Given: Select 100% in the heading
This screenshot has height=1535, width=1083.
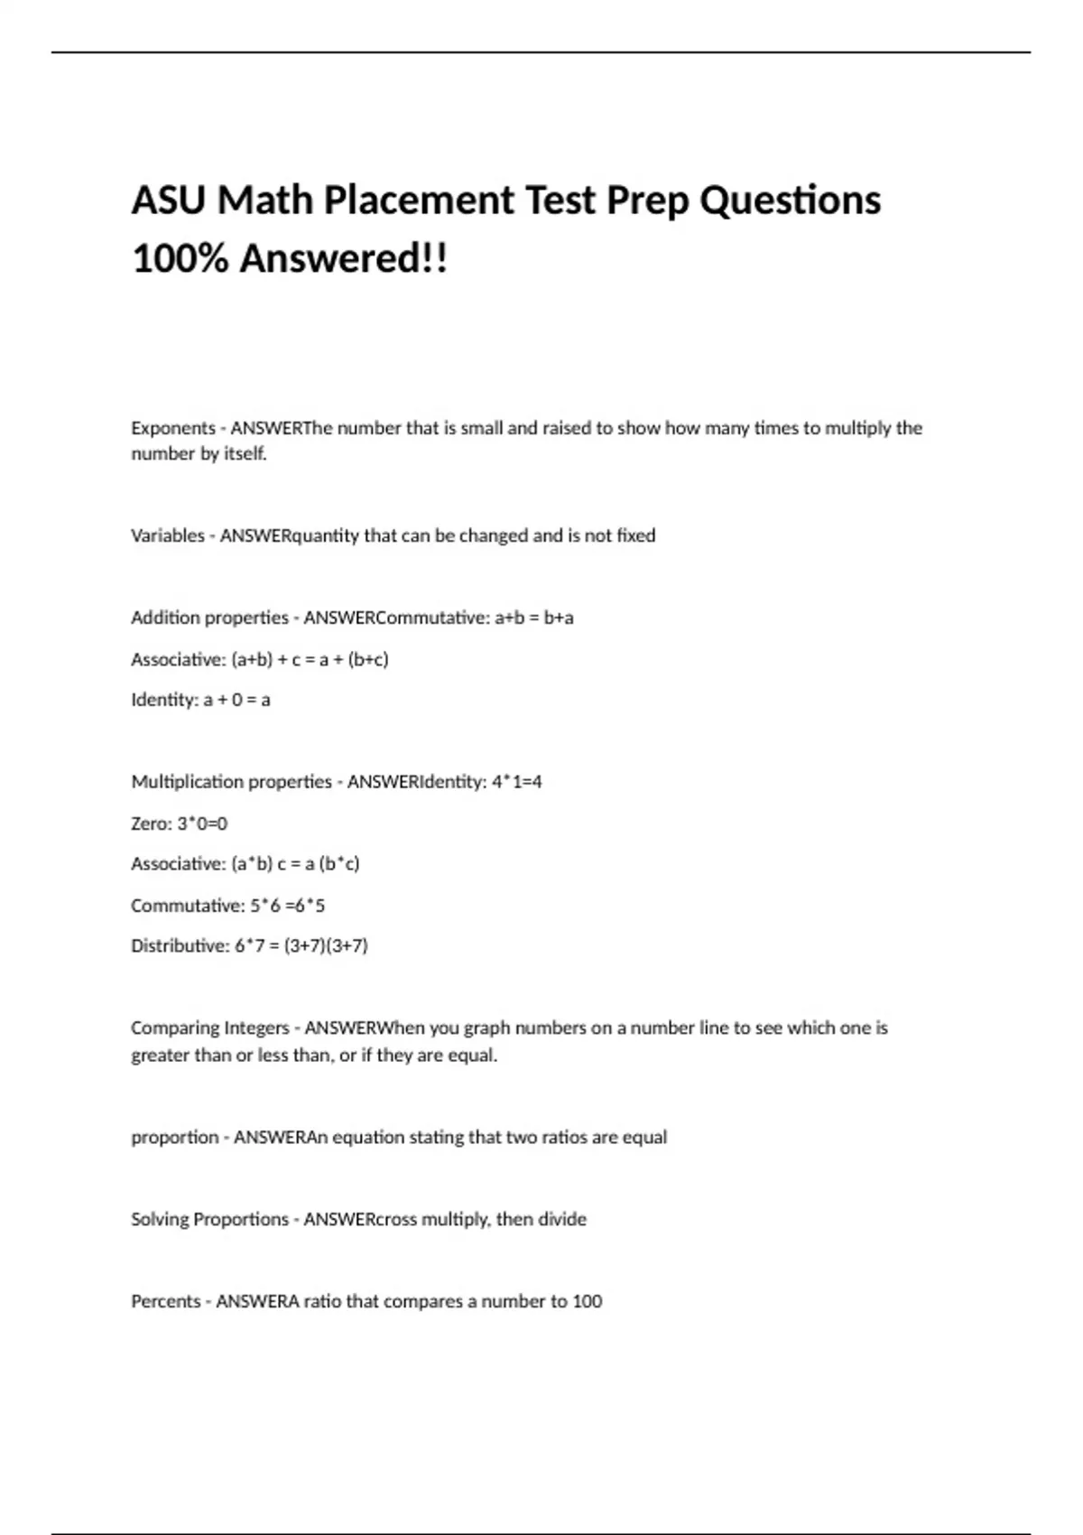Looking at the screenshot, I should point(179,259).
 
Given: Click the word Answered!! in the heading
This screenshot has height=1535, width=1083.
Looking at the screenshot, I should point(343,259).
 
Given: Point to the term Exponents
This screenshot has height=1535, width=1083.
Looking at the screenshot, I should point(173,428).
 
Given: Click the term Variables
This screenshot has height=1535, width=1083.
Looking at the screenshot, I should point(168,535).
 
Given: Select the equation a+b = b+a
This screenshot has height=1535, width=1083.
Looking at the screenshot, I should point(534,618).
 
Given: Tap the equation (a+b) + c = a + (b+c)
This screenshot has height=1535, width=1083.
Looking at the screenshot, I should point(310,659).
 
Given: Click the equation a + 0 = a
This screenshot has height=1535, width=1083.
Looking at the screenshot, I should point(236,700).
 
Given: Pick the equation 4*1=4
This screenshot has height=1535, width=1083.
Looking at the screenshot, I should point(517,782).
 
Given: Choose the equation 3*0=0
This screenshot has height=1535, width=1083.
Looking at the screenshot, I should point(202,823).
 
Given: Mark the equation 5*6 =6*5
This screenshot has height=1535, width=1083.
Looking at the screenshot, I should point(287,906).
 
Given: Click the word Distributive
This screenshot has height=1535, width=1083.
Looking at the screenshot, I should point(177,946).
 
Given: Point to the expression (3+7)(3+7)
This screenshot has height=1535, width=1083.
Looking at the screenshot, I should point(326,946).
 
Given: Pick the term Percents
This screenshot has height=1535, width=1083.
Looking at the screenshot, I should point(165,1302).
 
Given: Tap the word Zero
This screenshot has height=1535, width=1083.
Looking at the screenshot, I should point(149,823).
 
